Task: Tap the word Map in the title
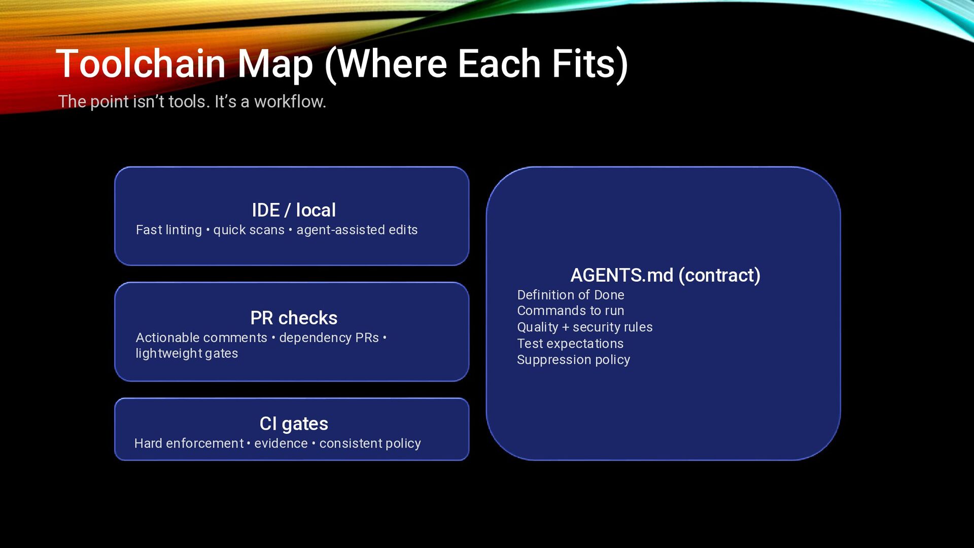point(275,65)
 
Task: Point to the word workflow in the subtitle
point(290,101)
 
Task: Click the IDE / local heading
point(294,210)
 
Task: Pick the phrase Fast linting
point(169,230)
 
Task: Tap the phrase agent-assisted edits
point(357,230)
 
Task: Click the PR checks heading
point(294,318)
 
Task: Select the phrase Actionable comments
point(201,337)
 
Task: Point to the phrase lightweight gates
point(187,353)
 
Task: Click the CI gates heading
point(294,424)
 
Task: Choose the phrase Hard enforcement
point(189,443)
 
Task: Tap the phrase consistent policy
point(370,443)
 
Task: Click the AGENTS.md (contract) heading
point(665,275)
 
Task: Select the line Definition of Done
point(571,295)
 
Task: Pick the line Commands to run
point(571,311)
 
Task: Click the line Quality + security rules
point(585,327)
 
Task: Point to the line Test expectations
point(570,344)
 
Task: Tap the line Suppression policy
point(573,360)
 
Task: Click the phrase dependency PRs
point(329,337)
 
